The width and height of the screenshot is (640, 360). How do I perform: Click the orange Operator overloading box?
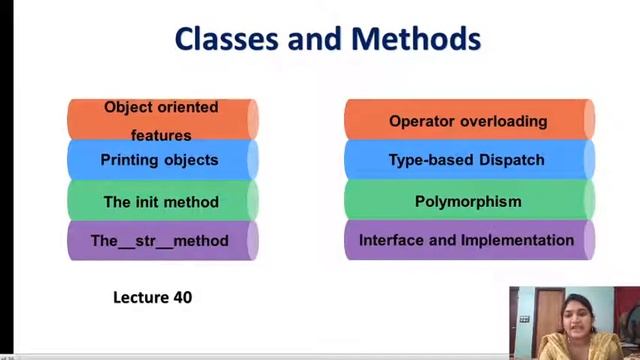[468, 121]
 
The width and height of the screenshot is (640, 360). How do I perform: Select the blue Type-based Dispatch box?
[468, 160]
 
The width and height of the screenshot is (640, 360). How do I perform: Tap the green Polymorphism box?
[468, 201]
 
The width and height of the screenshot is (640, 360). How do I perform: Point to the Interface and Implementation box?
[468, 241]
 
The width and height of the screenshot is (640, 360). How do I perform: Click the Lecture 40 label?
[152, 297]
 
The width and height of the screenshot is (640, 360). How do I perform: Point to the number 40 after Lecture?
[181, 297]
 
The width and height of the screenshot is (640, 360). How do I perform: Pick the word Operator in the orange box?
[422, 121]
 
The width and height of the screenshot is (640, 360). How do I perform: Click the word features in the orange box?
[161, 135]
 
